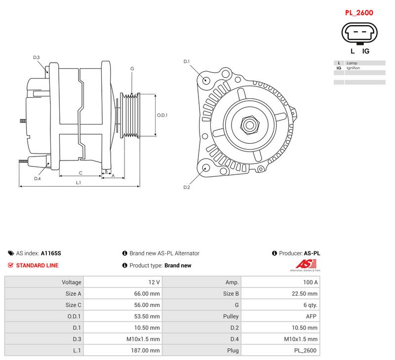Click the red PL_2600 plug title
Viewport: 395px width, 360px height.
click(359, 13)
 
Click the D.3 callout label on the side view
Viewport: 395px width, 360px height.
click(36, 57)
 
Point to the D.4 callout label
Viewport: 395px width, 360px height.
click(38, 179)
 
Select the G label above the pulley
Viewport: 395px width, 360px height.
click(132, 69)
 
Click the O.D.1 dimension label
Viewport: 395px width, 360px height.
click(162, 115)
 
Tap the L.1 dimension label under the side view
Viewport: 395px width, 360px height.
click(79, 182)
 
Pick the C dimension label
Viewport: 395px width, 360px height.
click(80, 173)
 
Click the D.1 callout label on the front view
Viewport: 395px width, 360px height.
click(187, 61)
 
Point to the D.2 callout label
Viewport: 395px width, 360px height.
click(187, 187)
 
